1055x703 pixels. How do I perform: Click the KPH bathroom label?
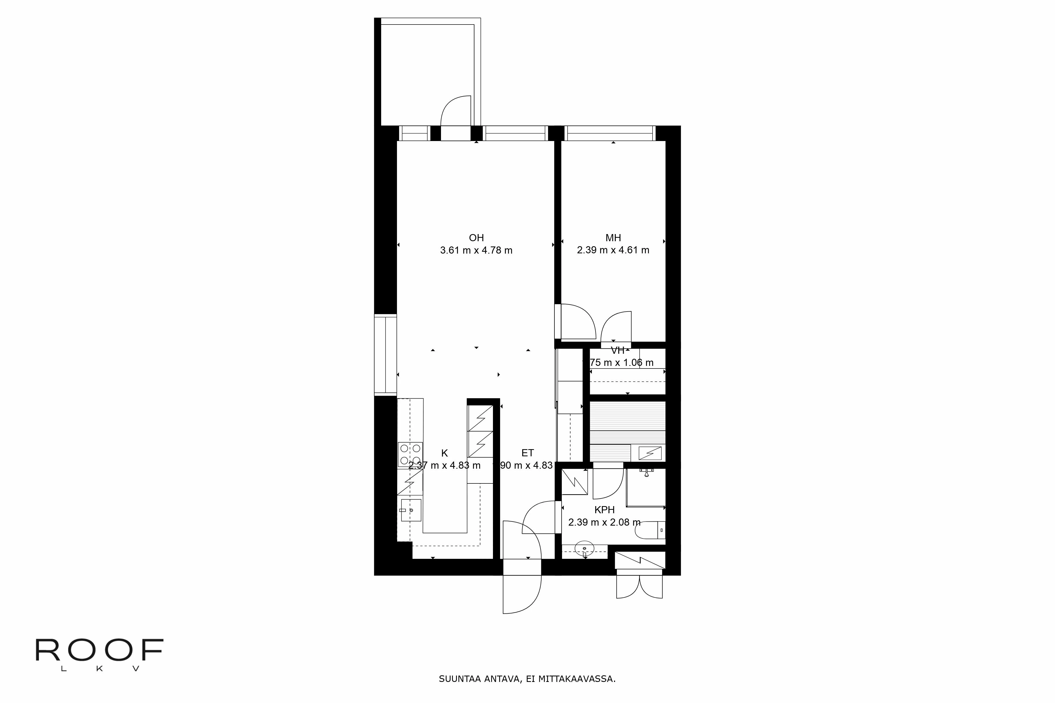click(x=604, y=510)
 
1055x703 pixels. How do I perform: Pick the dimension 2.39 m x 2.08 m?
click(x=604, y=522)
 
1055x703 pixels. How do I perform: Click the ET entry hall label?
click(x=527, y=453)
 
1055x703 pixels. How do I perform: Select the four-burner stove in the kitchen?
click(x=410, y=454)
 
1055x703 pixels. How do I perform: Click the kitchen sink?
click(x=411, y=510)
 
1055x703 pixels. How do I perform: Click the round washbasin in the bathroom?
click(x=584, y=547)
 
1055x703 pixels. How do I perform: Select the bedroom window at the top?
click(x=609, y=133)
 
